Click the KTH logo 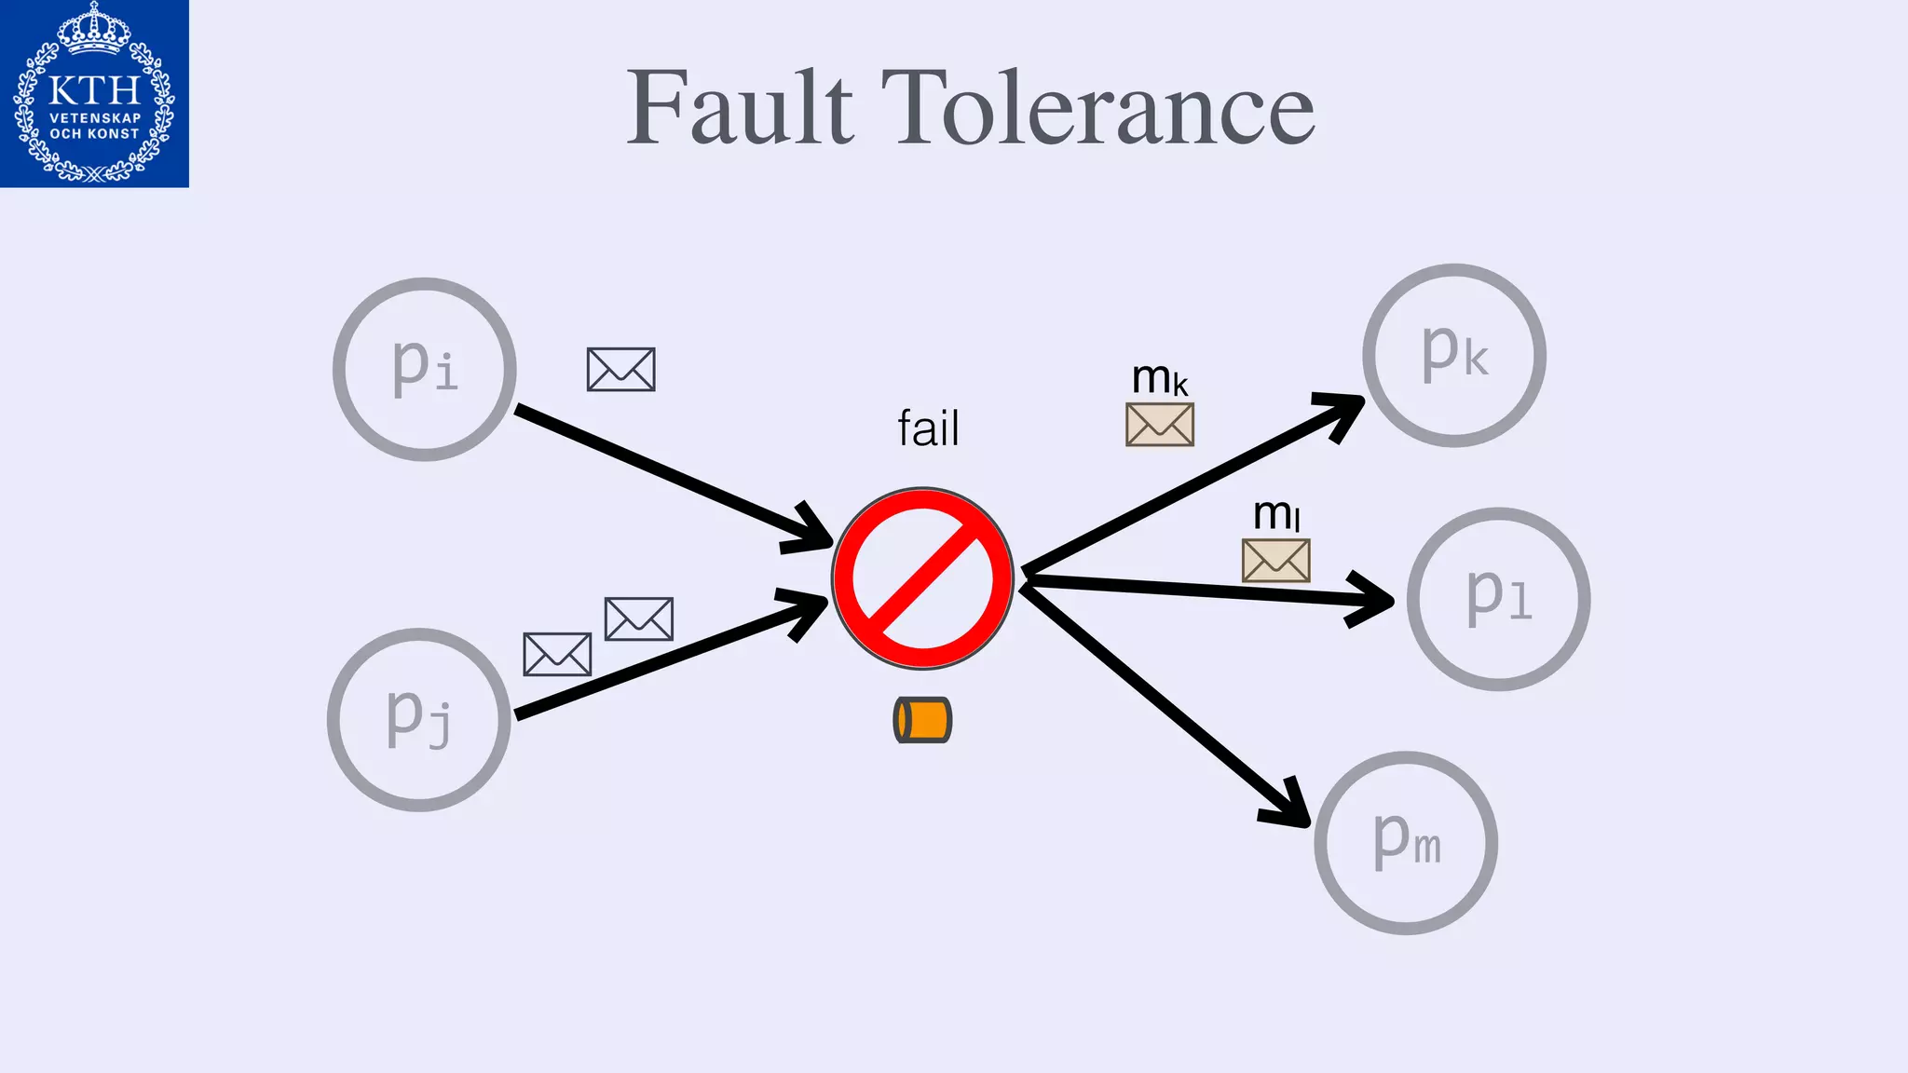(94, 93)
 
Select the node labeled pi (425, 369)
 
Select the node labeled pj (419, 719)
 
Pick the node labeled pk (1454, 355)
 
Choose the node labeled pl (1498, 599)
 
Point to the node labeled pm (1406, 842)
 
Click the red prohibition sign (922, 578)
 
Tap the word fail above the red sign (928, 428)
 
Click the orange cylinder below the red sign (922, 720)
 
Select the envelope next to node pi (620, 370)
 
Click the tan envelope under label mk (1159, 425)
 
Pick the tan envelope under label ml (1275, 561)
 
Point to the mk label (1159, 378)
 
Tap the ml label (1275, 514)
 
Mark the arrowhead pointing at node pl (1375, 600)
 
